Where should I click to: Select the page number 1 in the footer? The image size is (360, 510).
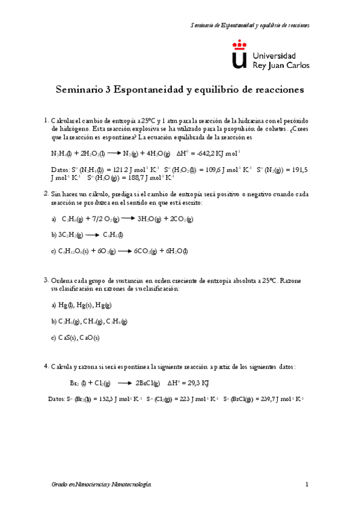click(x=307, y=484)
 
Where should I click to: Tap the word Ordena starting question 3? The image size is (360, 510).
click(x=62, y=281)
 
